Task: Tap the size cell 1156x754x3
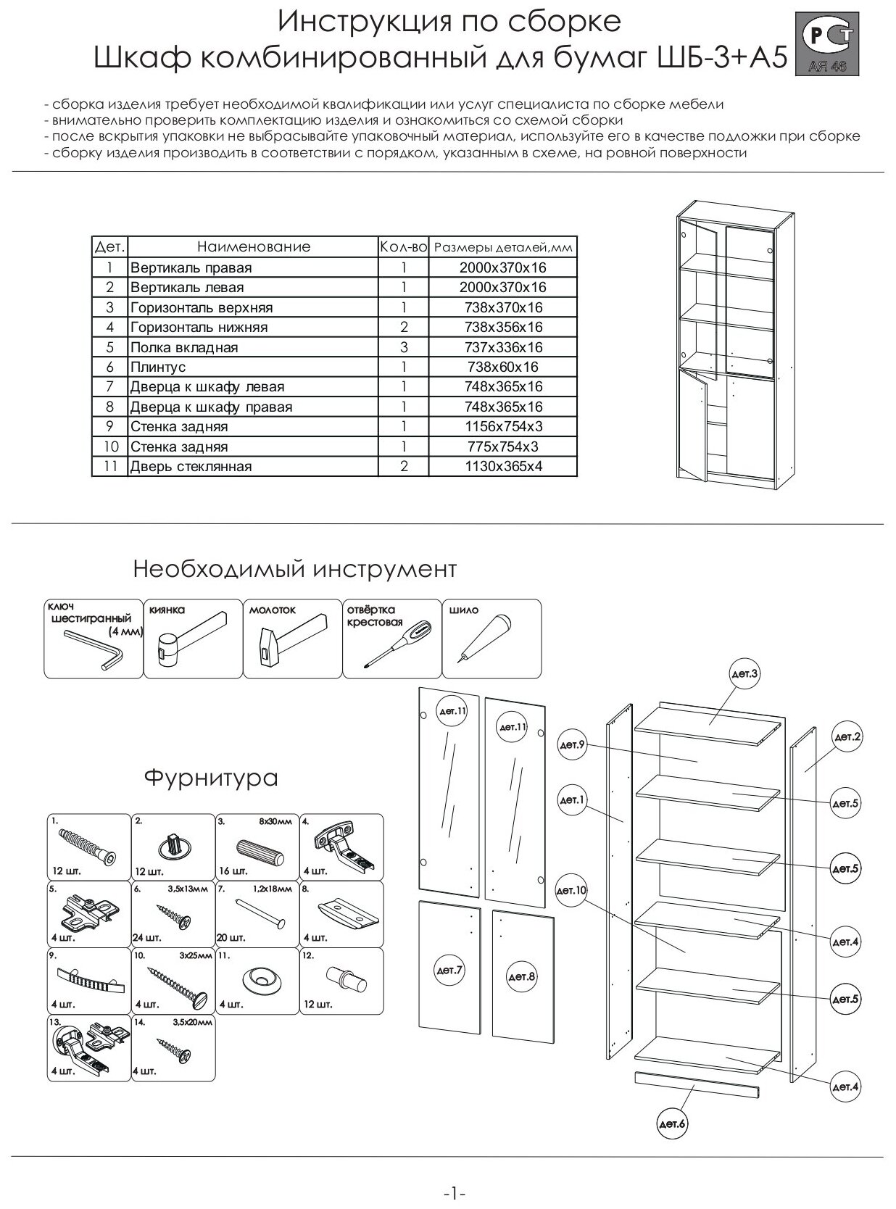502,426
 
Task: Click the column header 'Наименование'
253,246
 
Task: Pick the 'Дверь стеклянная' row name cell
191,466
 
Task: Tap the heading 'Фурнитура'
211,778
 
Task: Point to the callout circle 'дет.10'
571,890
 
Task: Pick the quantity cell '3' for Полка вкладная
404,347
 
